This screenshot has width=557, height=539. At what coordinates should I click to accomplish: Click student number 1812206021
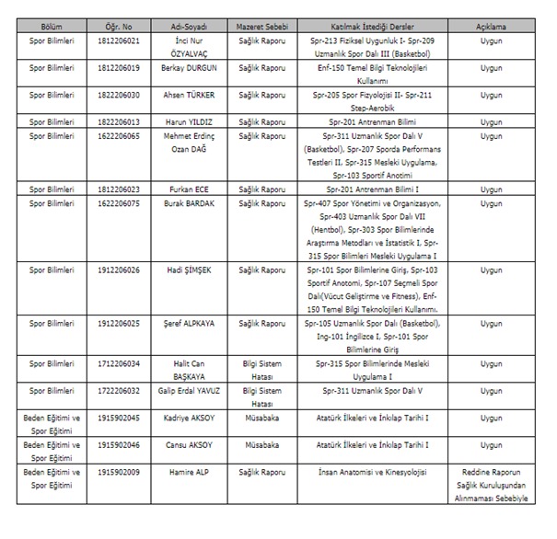click(117, 41)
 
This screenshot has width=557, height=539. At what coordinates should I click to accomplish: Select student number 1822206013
click(117, 120)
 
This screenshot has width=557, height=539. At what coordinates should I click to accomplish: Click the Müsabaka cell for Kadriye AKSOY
click(260, 417)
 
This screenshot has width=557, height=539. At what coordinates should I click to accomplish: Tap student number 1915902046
click(117, 443)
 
